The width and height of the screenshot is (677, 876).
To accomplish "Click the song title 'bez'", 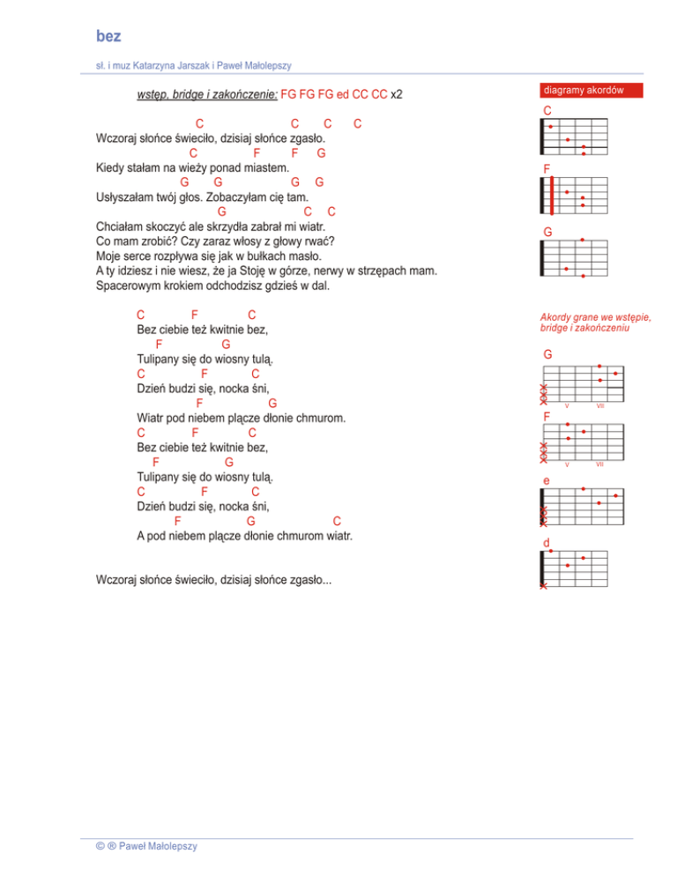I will click(108, 36).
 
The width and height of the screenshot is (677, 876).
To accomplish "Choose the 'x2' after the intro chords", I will click(397, 93).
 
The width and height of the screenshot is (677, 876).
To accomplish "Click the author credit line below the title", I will click(194, 65).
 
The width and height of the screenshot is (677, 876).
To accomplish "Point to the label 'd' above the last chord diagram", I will click(547, 541).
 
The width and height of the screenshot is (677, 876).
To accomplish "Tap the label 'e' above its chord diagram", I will click(547, 481).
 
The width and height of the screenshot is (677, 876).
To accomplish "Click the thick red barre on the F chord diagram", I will click(552, 196).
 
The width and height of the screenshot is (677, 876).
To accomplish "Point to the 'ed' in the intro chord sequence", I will click(345, 93).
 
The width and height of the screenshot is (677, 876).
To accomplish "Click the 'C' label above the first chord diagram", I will click(547, 111).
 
